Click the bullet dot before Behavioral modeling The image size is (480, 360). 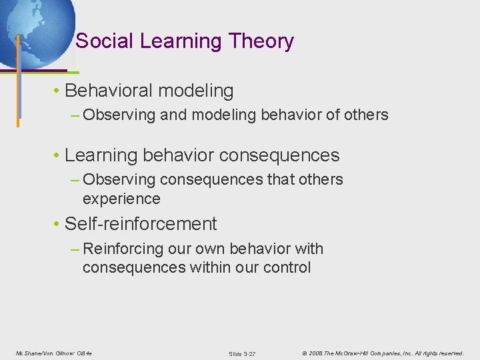click(58, 91)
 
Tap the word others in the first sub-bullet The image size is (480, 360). click(366, 115)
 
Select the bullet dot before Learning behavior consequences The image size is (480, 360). click(58, 156)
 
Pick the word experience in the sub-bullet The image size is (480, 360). click(121, 199)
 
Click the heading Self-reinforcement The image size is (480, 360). click(141, 223)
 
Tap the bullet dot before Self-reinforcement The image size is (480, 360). click(58, 224)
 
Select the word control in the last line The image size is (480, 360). click(289, 267)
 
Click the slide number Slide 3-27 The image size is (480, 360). click(242, 353)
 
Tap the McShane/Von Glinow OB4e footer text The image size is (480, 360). click(53, 353)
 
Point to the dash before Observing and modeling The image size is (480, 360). click(75, 115)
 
